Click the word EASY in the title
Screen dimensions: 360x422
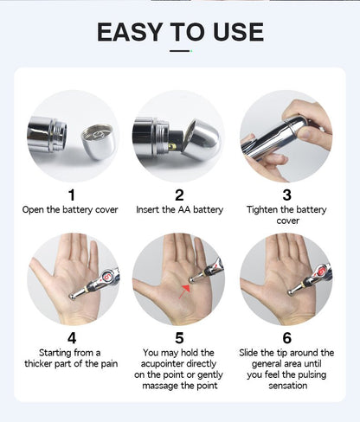130,32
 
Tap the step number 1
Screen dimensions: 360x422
72,195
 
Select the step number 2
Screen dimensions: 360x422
179,195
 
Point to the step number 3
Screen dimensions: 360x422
286,195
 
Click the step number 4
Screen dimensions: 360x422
72,338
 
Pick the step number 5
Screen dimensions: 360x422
179,338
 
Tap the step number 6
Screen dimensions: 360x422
286,338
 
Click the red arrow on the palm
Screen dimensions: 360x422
184,291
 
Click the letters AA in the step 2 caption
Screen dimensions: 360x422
184,209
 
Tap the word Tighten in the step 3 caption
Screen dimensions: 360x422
260,210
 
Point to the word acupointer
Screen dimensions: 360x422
178,364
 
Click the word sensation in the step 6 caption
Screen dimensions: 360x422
287,386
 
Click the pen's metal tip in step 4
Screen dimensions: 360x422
74,297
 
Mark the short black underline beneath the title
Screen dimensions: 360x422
179,51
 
